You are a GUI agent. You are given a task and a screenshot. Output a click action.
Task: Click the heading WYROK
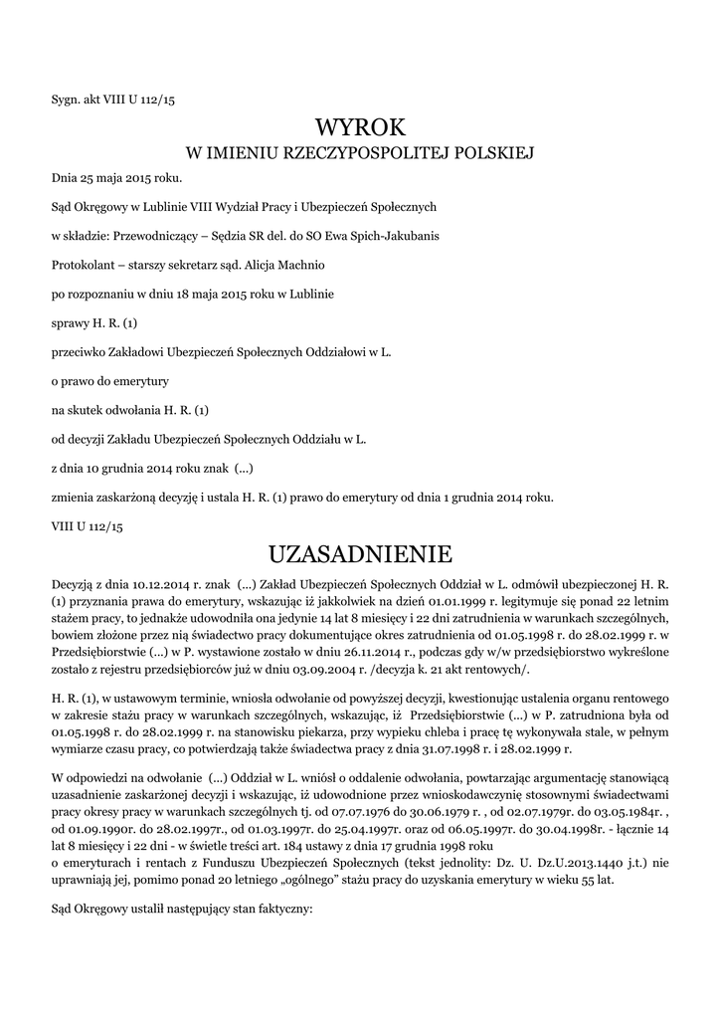(360, 126)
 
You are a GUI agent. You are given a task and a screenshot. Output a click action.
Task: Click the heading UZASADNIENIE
(360, 553)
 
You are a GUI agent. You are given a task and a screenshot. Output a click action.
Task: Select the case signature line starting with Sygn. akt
(112, 99)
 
